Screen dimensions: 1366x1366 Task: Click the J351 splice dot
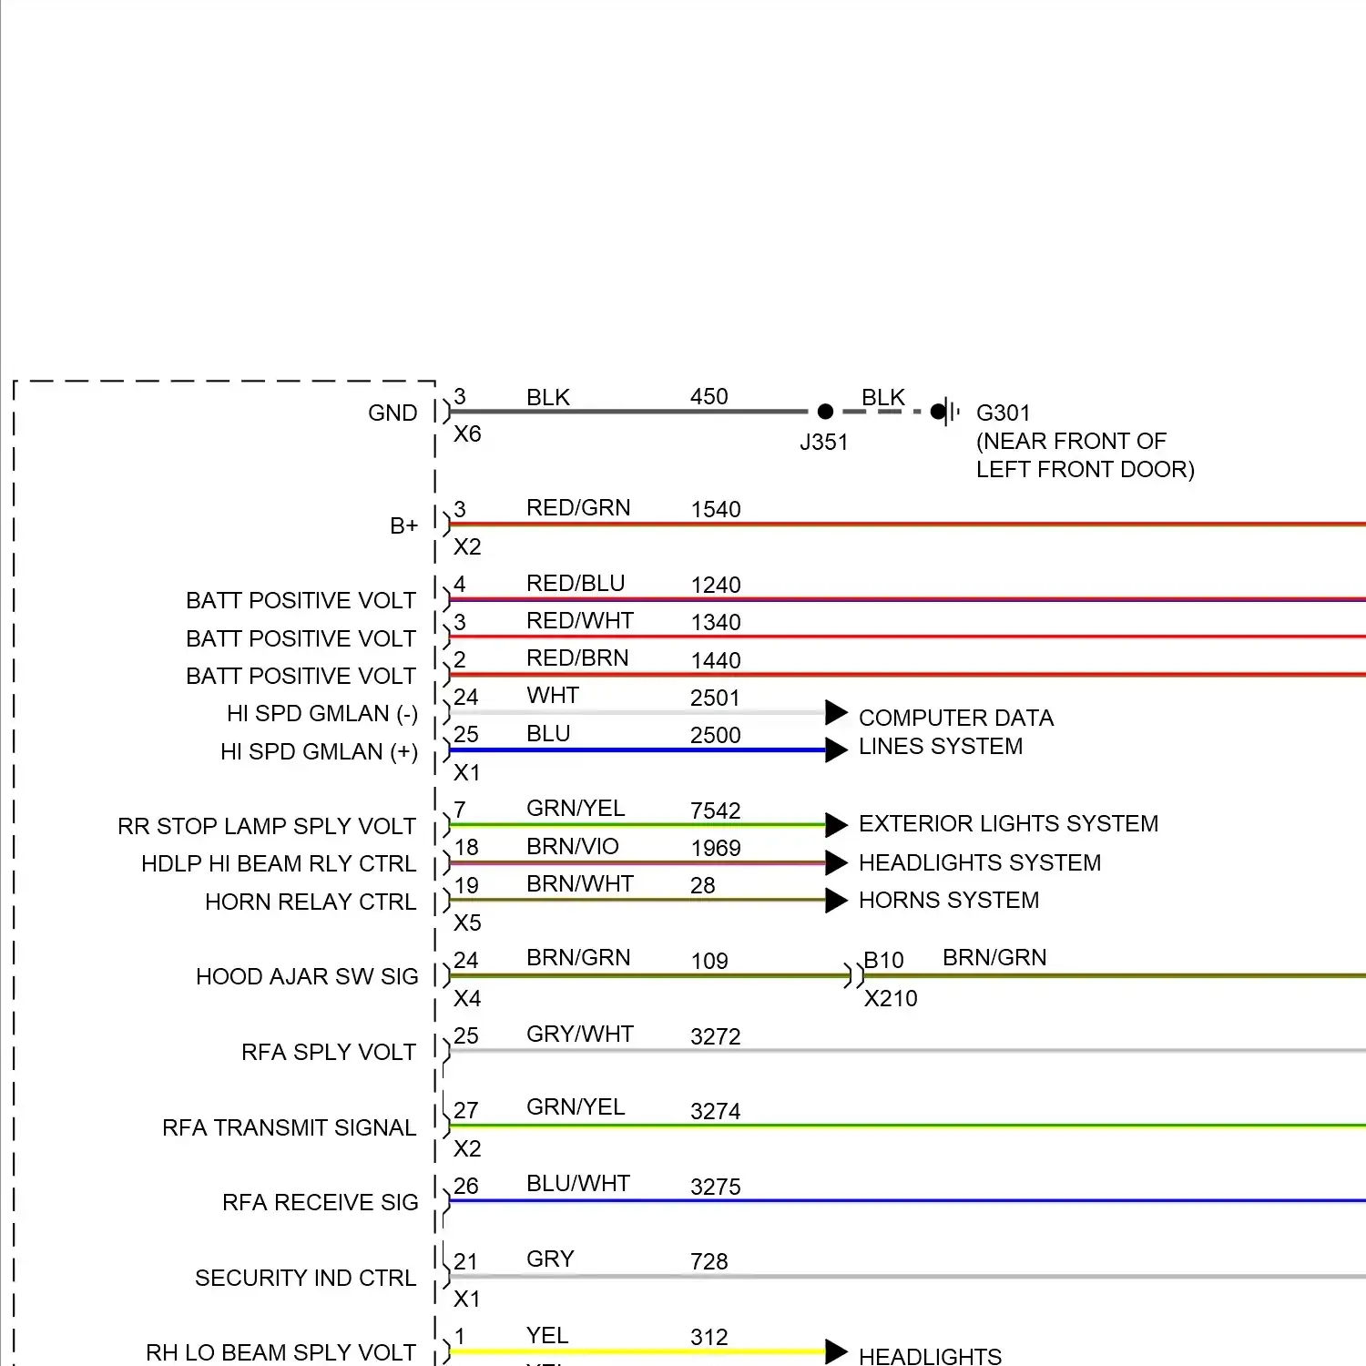pos(825,412)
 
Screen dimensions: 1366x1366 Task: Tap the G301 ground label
pos(1003,413)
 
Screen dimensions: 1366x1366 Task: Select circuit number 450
pos(708,396)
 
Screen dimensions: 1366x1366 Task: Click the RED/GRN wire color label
pos(578,507)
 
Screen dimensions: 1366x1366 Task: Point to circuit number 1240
pos(716,585)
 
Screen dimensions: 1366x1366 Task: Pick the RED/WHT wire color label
pos(580,620)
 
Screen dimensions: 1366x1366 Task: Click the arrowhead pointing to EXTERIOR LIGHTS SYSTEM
pos(836,825)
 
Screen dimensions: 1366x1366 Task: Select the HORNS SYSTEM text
pos(949,900)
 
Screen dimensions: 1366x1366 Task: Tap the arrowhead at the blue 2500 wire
pos(836,750)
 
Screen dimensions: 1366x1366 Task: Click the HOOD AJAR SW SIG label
pos(307,976)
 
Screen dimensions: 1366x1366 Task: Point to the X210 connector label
pos(891,998)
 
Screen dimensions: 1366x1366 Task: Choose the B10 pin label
pos(883,960)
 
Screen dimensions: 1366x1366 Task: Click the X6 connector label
pos(467,433)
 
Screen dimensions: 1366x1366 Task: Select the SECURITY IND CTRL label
pos(306,1278)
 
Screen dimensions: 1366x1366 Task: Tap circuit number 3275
pos(716,1187)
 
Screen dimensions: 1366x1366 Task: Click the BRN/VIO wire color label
pos(573,846)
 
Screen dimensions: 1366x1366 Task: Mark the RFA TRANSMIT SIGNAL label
pos(290,1127)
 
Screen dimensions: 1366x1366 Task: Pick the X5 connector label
pos(467,923)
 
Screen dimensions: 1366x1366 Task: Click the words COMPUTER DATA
pos(956,718)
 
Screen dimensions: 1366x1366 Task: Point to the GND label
pos(392,413)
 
